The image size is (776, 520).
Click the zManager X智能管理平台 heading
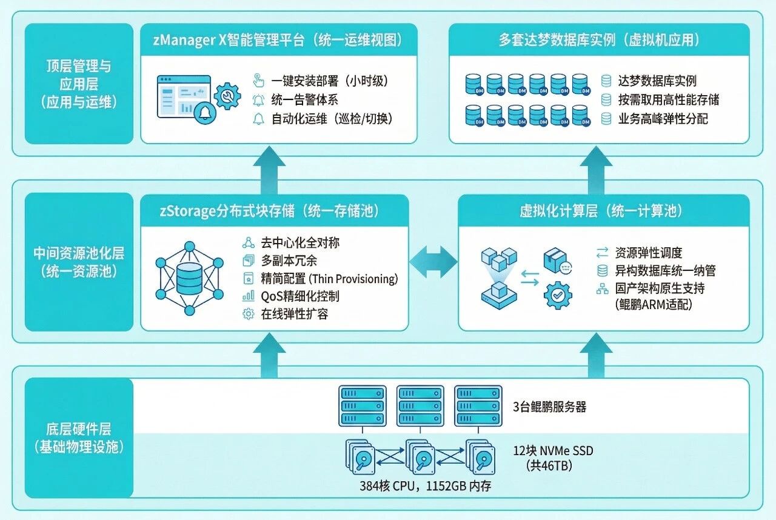click(x=278, y=41)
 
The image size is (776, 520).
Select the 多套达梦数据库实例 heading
click(x=600, y=41)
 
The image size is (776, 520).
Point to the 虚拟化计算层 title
click(x=601, y=211)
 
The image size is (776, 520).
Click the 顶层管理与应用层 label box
click(x=79, y=84)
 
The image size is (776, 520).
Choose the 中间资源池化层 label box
click(x=79, y=262)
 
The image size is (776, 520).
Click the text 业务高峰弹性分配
click(x=663, y=119)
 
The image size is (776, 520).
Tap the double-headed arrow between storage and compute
click(x=433, y=262)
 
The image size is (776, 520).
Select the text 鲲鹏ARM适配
click(x=653, y=304)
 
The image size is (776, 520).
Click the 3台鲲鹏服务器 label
click(x=550, y=407)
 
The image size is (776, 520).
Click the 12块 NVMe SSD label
click(x=552, y=451)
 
